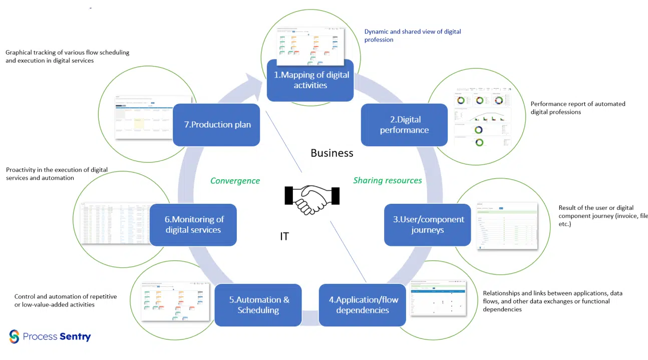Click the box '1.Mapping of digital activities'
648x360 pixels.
(310, 80)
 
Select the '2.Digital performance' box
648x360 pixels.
(404, 125)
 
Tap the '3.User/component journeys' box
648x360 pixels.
(428, 225)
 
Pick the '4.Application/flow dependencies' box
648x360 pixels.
(363, 305)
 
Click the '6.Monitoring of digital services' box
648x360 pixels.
(193, 224)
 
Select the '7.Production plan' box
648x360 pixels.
(216, 125)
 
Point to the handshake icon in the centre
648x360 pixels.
(312, 198)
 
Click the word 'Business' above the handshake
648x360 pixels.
(332, 153)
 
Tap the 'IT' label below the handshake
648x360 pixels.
(284, 236)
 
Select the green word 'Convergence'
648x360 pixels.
(235, 181)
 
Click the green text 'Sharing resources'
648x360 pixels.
(387, 180)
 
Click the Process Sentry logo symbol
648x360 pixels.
(14, 336)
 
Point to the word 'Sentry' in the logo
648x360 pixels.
(75, 336)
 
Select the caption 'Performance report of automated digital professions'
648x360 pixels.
(577, 108)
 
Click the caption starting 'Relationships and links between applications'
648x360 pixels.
(552, 301)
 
